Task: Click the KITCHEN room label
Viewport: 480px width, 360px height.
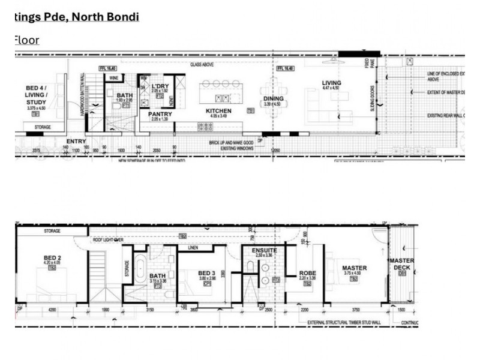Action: (218, 111)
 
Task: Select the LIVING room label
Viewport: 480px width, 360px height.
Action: (331, 83)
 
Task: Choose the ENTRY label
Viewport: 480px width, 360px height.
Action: (76, 141)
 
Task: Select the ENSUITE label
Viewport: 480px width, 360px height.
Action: (264, 250)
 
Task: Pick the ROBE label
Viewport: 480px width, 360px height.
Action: (307, 273)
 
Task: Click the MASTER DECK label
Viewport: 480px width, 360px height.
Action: (401, 264)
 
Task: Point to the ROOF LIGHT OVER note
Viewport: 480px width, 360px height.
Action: (108, 239)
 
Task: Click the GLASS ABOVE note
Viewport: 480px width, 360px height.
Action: (203, 64)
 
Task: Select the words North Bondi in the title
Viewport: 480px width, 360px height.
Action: (106, 16)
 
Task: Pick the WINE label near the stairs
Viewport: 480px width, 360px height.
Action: (113, 77)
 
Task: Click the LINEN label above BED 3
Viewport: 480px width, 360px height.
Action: (193, 247)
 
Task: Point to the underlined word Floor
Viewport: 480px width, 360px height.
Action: (26, 40)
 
